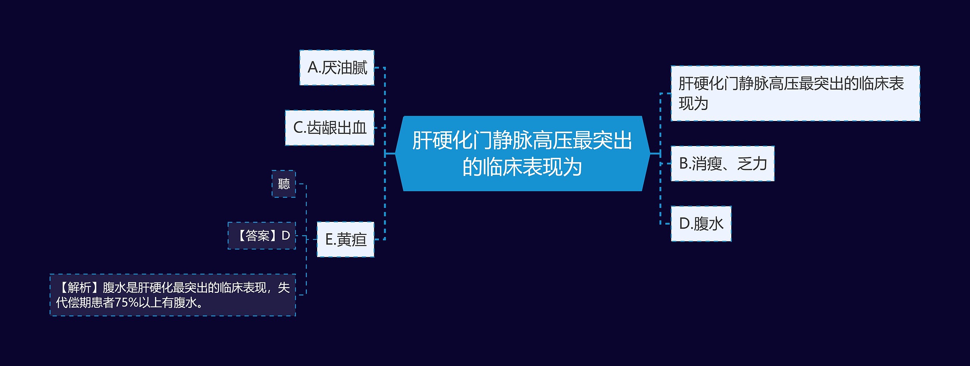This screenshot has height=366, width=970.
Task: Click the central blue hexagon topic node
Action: (x=522, y=153)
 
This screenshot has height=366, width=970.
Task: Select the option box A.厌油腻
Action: (x=337, y=68)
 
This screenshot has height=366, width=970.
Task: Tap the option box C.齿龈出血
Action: (x=330, y=128)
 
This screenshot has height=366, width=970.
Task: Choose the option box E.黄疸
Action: (x=346, y=239)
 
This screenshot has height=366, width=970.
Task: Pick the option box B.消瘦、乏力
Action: (x=722, y=163)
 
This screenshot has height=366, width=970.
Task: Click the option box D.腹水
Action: (x=701, y=224)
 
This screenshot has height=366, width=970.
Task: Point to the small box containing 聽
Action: (x=283, y=184)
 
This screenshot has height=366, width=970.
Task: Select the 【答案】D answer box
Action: (x=261, y=236)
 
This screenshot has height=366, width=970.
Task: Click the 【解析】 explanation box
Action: (x=173, y=295)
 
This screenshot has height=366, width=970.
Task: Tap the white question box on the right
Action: (x=795, y=93)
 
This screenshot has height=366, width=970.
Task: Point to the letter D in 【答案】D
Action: (x=286, y=236)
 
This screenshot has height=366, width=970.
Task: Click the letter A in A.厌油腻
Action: (x=313, y=68)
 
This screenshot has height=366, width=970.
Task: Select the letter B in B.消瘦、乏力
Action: (x=684, y=163)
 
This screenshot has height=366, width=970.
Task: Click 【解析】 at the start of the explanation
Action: (x=79, y=287)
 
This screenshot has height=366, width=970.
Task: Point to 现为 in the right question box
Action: (x=693, y=104)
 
